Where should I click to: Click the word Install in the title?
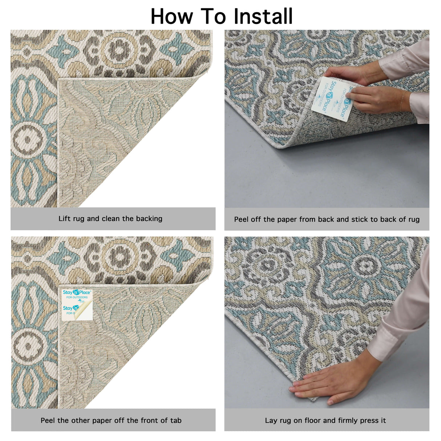263,16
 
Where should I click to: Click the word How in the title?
172,16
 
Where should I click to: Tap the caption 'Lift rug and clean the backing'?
110,219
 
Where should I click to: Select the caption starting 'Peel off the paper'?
327,219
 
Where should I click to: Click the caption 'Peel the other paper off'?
111,420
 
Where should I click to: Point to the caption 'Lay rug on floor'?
325,420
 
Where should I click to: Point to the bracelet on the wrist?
402,101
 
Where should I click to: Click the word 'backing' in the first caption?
149,219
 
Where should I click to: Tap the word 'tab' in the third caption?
175,420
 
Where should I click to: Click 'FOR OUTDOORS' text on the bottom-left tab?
77,298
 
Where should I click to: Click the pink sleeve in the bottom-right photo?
403,320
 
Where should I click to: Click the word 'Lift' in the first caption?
64,219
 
